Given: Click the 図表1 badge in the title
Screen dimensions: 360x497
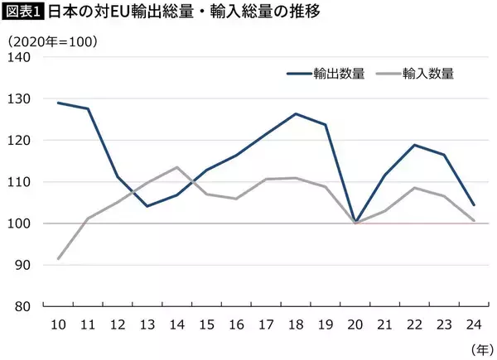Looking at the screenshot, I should point(22,13).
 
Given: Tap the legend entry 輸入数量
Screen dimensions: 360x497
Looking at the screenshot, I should point(426,73).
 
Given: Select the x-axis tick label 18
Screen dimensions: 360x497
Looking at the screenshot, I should point(297,322).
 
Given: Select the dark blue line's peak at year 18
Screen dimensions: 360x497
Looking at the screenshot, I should point(297,113).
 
